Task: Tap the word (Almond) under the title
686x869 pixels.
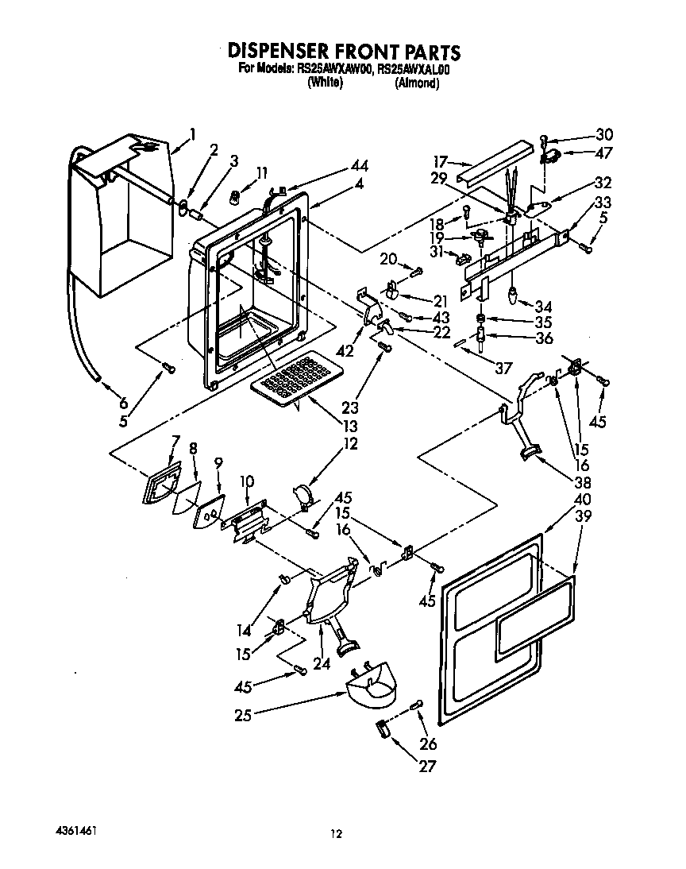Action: (417, 83)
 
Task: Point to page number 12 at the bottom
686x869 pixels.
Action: (337, 833)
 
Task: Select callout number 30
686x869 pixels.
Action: (604, 134)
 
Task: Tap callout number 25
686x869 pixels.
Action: (243, 715)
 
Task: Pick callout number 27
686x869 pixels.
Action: (429, 767)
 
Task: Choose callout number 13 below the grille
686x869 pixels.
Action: (350, 426)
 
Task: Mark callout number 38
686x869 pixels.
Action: (583, 481)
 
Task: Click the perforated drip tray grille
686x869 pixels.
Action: (294, 378)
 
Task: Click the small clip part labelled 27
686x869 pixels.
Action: (382, 728)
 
